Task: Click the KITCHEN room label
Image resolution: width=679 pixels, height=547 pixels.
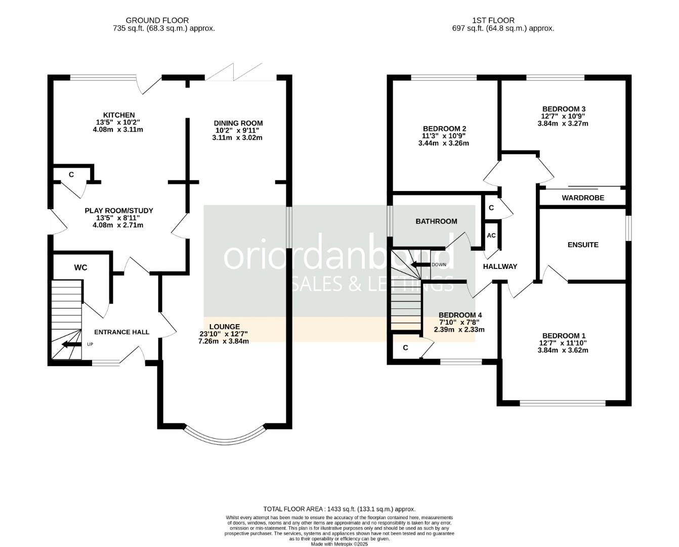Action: point(119,115)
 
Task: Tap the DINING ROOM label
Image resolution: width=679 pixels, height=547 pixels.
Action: point(238,123)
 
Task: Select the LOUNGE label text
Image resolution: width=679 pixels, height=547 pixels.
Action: point(224,327)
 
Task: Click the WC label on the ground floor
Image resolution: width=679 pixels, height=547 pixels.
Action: point(81,267)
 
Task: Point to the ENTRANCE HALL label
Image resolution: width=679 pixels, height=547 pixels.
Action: point(122,332)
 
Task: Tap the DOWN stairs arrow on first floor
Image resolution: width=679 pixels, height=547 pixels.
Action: point(419,264)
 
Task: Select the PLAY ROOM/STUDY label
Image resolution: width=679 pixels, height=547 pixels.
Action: point(118,211)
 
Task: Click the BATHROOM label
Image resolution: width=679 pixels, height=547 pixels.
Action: point(436,221)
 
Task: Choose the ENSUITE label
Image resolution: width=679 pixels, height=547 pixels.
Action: point(583,245)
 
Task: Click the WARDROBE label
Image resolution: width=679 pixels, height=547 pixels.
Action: point(583,198)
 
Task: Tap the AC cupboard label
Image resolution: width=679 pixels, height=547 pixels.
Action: point(491,236)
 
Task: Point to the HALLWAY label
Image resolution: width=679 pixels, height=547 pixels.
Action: point(500,266)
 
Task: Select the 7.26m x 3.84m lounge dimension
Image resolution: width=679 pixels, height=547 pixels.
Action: point(224,341)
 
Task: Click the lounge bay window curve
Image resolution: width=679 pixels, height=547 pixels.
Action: point(225,438)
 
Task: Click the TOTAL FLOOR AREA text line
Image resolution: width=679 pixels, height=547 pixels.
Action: point(339,509)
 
